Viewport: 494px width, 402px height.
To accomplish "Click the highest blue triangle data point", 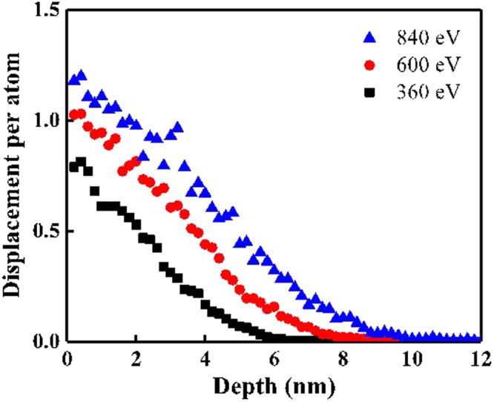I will pos(81,76).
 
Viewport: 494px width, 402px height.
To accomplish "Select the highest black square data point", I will pos(81,162).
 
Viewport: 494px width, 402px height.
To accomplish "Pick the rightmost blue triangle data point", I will pos(475,338).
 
